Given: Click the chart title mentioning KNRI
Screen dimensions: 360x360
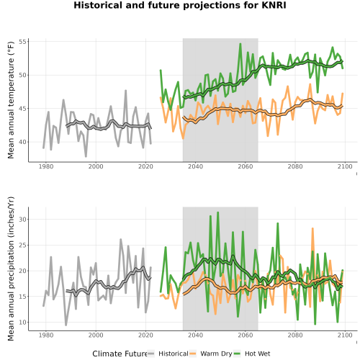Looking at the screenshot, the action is click(x=180, y=5).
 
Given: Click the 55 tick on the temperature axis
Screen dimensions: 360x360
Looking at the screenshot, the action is click(x=23, y=42).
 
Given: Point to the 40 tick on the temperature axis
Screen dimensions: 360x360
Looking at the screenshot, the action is click(x=23, y=142).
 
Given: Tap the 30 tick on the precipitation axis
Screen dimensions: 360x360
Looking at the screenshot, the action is click(x=23, y=220).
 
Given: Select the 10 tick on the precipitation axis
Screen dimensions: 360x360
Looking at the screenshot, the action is click(x=23, y=323).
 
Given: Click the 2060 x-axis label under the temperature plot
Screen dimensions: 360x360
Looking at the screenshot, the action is click(x=246, y=166).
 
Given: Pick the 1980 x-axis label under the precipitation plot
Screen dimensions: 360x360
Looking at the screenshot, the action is click(x=46, y=335).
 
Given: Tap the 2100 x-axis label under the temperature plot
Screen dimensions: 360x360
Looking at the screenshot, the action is click(x=345, y=166).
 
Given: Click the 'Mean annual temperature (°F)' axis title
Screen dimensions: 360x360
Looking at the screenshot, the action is click(x=11, y=100).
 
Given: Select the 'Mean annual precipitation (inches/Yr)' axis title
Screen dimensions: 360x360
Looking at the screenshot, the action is click(x=11, y=269).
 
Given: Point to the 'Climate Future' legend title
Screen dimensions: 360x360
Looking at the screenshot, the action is click(x=120, y=354).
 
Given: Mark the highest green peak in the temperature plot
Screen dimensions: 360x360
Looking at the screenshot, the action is click(x=240, y=44).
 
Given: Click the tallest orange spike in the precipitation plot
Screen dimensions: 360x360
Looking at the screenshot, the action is click(x=312, y=228).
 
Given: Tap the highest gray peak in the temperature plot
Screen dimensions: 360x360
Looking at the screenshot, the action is click(x=125, y=91).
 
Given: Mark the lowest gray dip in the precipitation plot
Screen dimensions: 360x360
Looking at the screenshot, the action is click(x=66, y=325).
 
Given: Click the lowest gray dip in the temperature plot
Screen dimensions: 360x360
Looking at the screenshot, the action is click(x=86, y=156).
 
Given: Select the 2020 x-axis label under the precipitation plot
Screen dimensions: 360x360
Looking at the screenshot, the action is click(x=145, y=335).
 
